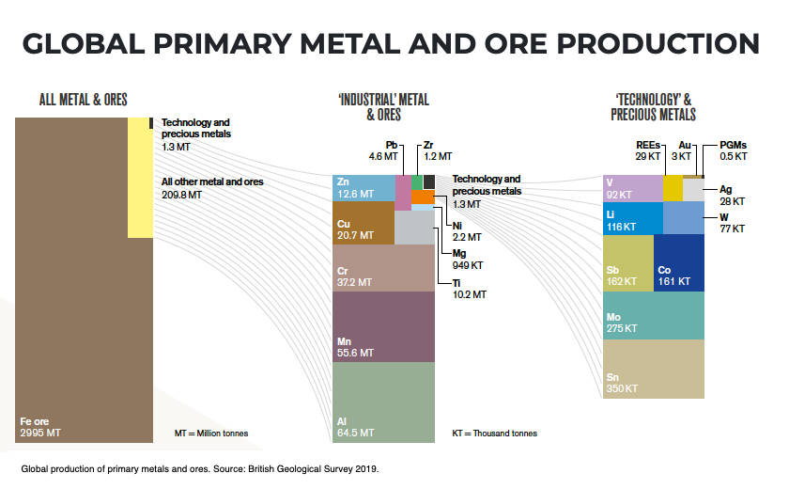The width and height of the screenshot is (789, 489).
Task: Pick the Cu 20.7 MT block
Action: pos(363,229)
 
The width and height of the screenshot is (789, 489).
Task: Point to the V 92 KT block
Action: pos(632,188)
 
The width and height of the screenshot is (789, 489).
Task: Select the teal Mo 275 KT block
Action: pos(654,315)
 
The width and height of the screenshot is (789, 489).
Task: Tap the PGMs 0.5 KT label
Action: pos(733,150)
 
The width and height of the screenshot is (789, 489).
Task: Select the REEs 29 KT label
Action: pos(648,150)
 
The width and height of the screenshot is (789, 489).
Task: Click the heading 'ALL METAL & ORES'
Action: pos(83,99)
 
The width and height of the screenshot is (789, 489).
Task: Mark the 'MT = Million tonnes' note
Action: pos(211,434)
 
